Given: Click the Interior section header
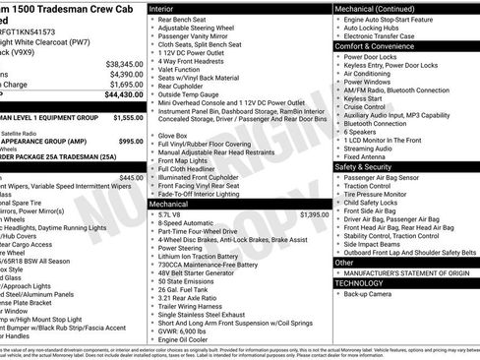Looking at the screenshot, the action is (162, 7).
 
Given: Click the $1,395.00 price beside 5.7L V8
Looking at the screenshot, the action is (313, 213).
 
